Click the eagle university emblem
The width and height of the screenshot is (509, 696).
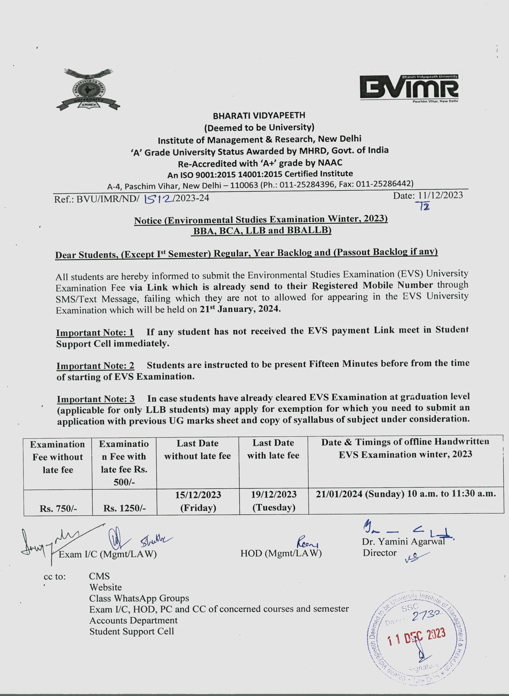click(x=88, y=89)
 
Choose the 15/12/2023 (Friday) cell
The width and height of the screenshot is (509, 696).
click(x=198, y=501)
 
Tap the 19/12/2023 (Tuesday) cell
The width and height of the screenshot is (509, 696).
click(x=274, y=501)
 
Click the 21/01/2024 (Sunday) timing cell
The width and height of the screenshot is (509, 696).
click(x=406, y=494)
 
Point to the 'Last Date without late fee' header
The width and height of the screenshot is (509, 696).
click(x=197, y=449)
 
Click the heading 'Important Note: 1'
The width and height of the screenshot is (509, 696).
click(x=95, y=332)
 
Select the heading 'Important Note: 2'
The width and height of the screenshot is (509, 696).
click(x=95, y=365)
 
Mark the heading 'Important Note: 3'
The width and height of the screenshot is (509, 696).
click(x=95, y=399)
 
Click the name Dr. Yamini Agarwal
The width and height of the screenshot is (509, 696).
click(x=403, y=541)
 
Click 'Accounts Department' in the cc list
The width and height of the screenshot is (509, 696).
click(x=133, y=620)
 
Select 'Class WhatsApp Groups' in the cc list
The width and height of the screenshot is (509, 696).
click(x=139, y=598)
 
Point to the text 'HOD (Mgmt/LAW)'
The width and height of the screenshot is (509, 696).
click(x=281, y=553)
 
